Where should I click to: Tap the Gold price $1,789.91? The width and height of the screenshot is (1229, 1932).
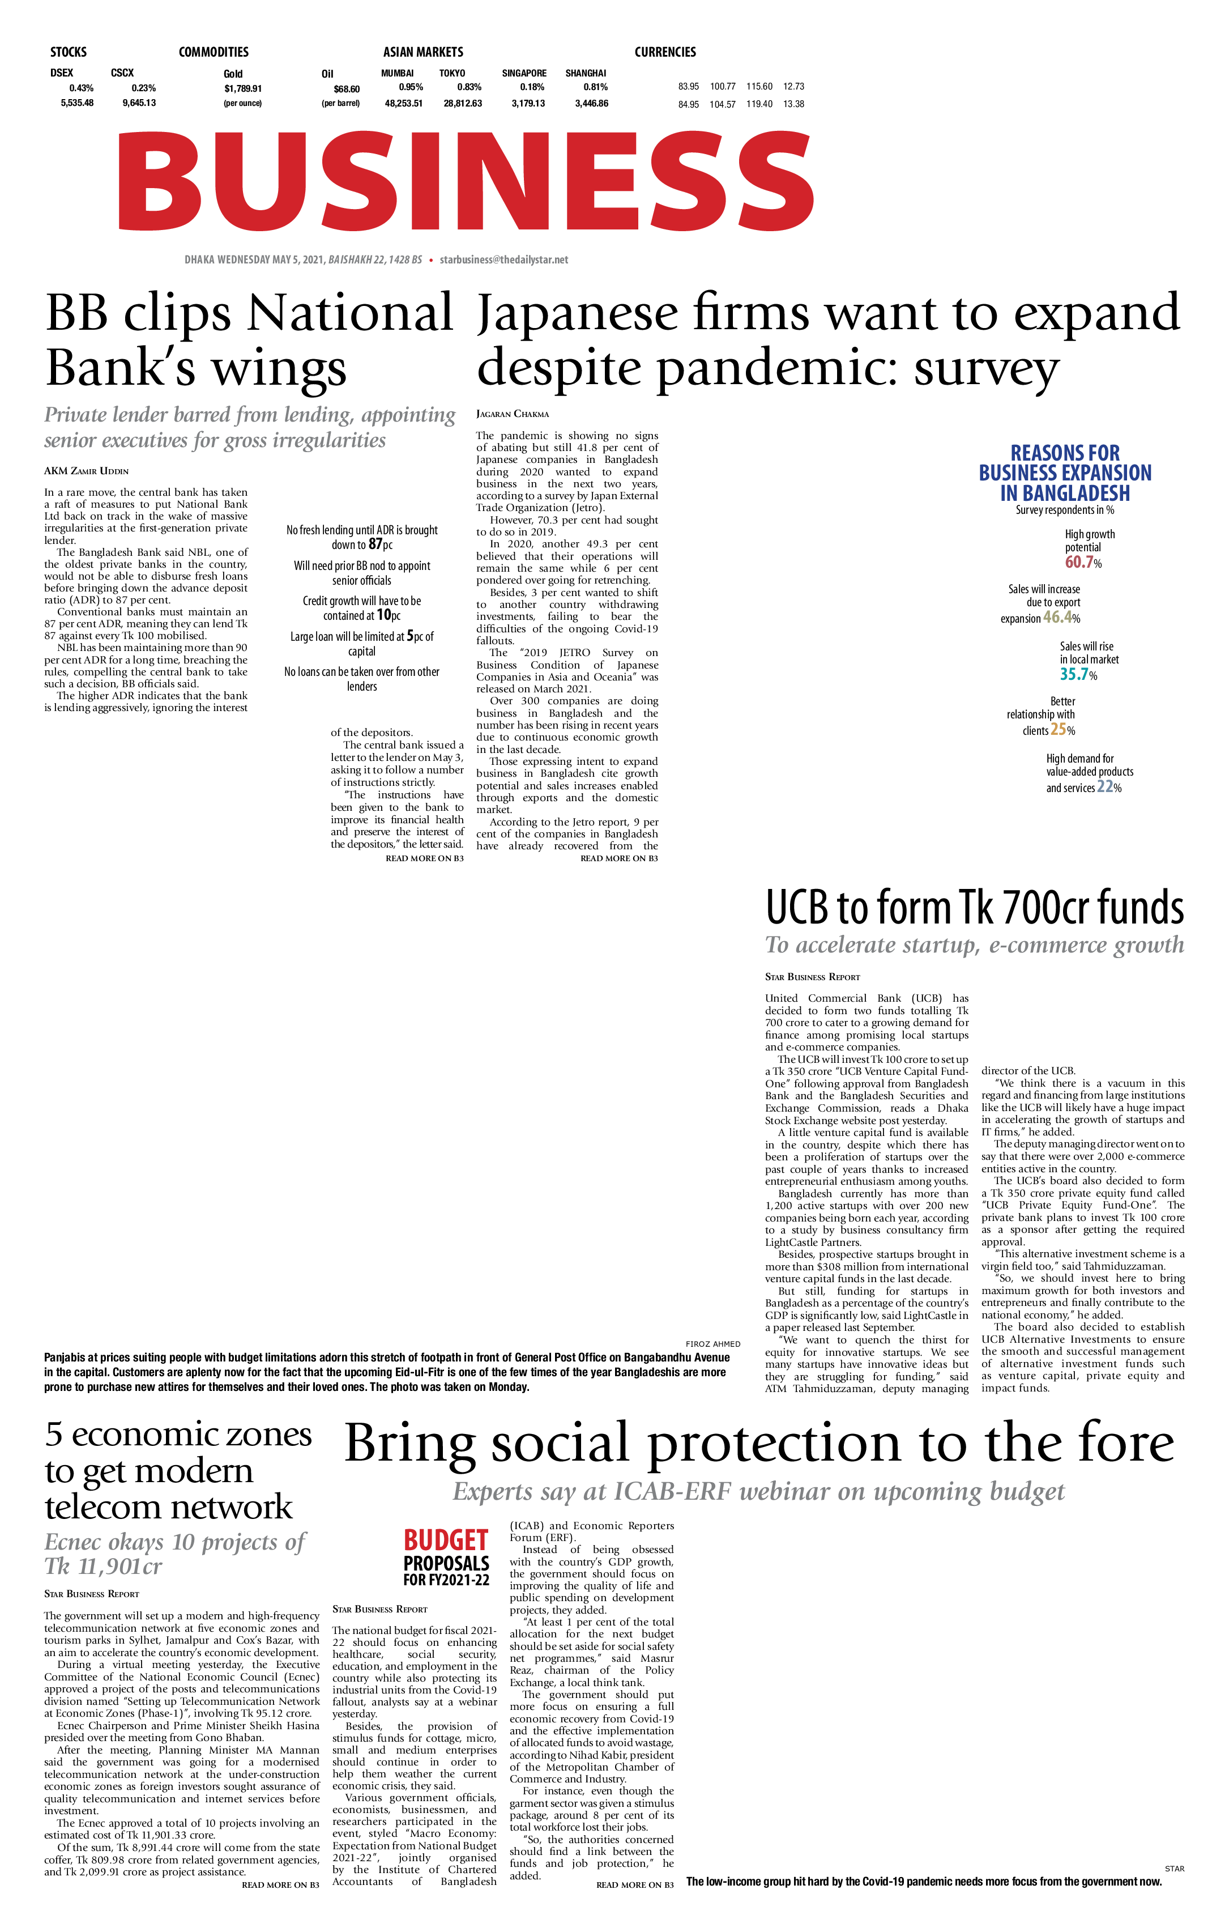pyautogui.click(x=243, y=88)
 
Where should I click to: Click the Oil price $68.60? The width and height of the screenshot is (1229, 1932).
pyautogui.click(x=347, y=89)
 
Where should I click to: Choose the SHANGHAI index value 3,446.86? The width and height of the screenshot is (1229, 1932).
pyautogui.click(x=591, y=104)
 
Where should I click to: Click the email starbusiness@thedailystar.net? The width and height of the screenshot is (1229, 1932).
pyautogui.click(x=504, y=260)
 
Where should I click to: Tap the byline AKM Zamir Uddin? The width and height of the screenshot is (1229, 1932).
pyautogui.click(x=86, y=471)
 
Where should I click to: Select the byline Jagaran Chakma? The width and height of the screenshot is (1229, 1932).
pyautogui.click(x=513, y=414)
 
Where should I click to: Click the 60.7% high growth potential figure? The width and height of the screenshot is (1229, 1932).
pyautogui.click(x=1083, y=563)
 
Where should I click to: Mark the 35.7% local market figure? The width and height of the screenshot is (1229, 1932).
pyautogui.click(x=1078, y=674)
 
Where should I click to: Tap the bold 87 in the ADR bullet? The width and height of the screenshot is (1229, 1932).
pyautogui.click(x=374, y=544)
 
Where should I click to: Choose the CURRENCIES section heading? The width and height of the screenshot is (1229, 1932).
pyautogui.click(x=665, y=52)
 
